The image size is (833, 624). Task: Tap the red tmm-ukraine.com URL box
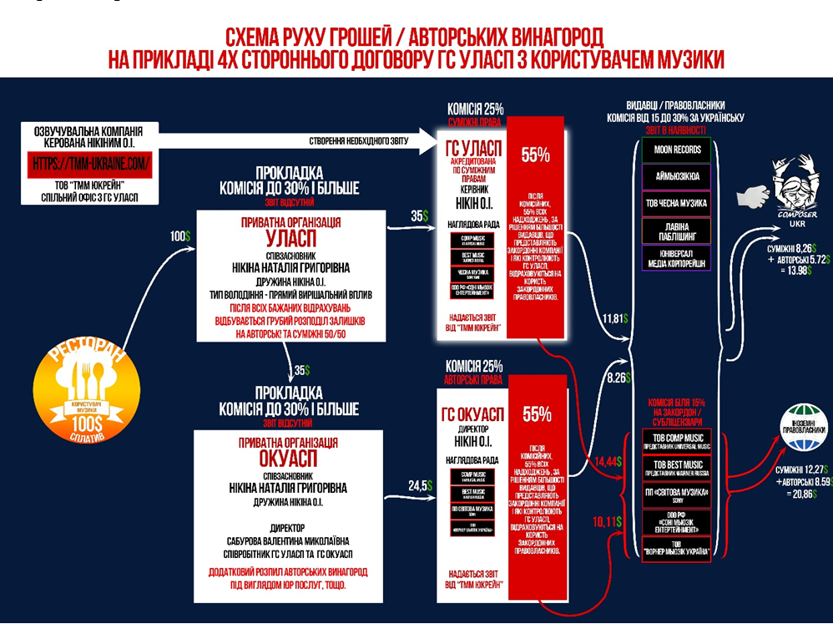92,164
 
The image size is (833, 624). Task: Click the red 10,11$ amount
608,522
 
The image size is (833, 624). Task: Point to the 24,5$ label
419,485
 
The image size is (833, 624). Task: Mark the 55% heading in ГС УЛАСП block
535,155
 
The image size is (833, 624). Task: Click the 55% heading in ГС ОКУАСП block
535,413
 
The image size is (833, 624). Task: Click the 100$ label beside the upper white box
180,236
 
